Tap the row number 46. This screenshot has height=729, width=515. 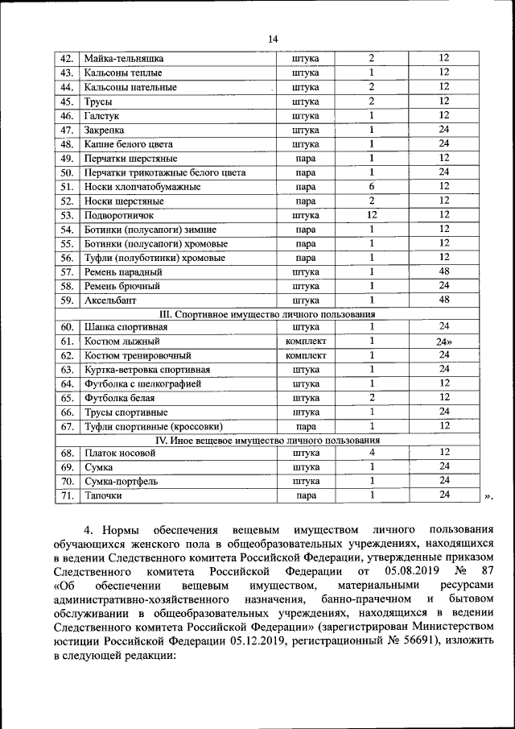(67, 115)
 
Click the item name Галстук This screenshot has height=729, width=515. (102, 115)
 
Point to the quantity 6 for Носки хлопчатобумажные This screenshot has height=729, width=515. (372, 186)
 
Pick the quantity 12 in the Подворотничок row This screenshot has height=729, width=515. (372, 215)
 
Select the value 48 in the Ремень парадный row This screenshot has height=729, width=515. (443, 271)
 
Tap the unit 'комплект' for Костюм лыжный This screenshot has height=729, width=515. (305, 341)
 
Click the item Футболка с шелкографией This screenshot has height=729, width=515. (142, 383)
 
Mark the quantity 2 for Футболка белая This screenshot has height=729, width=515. (372, 398)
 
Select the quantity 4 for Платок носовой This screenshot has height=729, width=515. (372, 453)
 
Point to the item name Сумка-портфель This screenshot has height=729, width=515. (122, 482)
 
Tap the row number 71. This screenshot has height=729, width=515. (67, 495)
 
